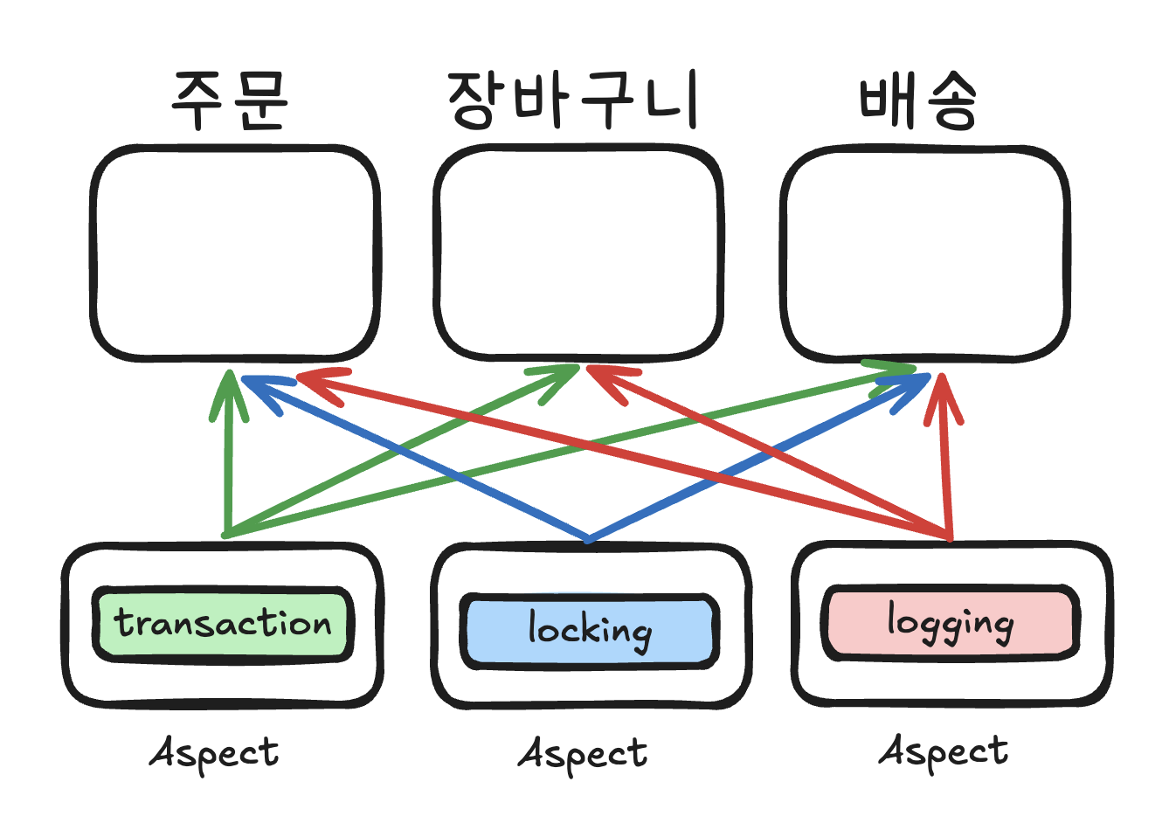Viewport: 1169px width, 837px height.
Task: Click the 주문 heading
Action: tap(230, 100)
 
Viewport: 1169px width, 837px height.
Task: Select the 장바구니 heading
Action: tap(573, 100)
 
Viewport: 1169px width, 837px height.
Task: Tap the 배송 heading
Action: tap(917, 100)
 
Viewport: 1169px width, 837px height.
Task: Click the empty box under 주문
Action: tap(235, 253)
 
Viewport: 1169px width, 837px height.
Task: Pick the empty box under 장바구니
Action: tap(578, 253)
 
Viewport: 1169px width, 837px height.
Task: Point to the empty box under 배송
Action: tap(924, 253)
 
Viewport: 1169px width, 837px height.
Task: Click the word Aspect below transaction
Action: tap(215, 753)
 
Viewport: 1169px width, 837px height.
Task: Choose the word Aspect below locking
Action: tap(583, 754)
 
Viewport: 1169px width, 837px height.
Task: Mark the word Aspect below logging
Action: tap(944, 751)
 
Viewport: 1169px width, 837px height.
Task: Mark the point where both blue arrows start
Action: tap(589, 539)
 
